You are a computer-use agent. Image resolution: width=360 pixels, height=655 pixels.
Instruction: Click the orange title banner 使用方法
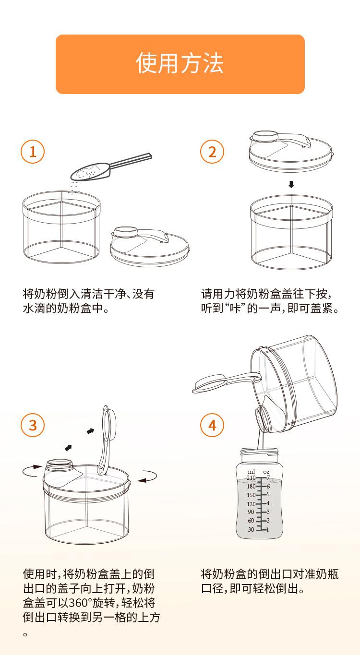click(180, 64)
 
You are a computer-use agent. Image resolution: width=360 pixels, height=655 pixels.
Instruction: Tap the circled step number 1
click(33, 152)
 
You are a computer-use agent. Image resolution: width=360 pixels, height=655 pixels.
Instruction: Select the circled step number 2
click(212, 152)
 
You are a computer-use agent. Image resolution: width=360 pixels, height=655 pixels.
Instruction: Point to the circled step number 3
click(33, 425)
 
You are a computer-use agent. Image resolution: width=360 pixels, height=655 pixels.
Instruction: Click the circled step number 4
click(212, 425)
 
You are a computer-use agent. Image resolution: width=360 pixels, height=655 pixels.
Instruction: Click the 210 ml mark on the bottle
click(251, 478)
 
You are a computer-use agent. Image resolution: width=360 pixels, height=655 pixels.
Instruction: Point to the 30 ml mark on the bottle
click(251, 529)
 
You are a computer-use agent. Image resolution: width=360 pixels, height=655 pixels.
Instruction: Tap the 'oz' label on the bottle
click(266, 472)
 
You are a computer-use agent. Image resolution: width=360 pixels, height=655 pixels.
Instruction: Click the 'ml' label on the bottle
click(251, 471)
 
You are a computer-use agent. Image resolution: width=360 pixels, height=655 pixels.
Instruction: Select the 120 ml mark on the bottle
click(251, 504)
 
